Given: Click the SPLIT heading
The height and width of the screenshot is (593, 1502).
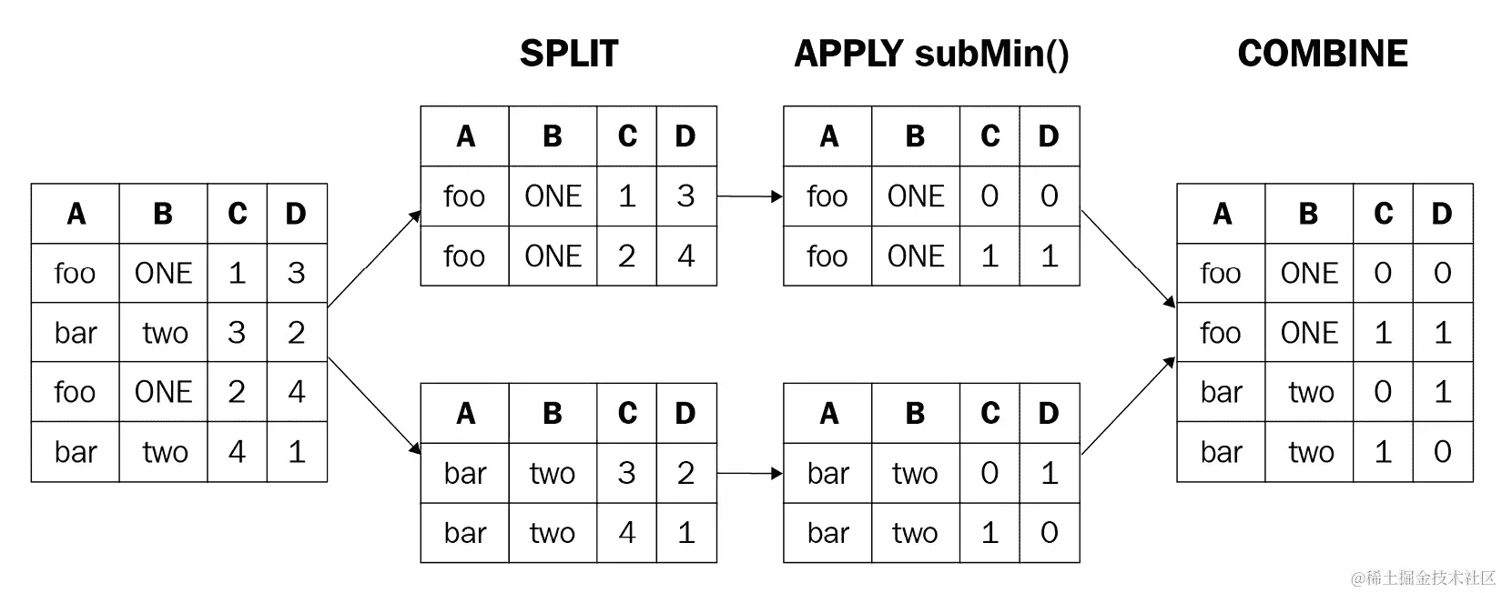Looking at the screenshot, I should pos(568,54).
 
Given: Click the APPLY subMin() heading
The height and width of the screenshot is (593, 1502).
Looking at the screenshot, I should pos(931,54).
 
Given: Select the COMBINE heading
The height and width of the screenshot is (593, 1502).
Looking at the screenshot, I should pos(1322,54).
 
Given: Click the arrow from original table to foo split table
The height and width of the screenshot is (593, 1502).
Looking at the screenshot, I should pos(374,258).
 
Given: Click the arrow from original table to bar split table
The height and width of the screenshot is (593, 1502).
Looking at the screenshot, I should pos(374,405).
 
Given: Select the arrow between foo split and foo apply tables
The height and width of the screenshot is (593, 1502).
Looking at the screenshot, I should pos(749,196).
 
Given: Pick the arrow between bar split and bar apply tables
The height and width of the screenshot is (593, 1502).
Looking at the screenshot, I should pos(749,473).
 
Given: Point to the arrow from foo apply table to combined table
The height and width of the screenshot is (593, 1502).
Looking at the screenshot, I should pos(1128,258).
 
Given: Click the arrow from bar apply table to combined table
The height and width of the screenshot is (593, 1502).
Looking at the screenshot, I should pos(1128,406).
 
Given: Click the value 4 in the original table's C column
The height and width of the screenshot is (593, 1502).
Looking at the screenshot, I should pos(237,452).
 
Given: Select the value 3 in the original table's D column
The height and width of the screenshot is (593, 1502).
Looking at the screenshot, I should pos(296,273).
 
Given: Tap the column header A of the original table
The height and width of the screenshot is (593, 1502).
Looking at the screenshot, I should pos(76,214).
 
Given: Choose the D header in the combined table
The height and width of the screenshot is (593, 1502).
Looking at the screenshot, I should pos(1442,214).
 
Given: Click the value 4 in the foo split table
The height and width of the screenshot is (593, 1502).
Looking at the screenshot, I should pos(685,256).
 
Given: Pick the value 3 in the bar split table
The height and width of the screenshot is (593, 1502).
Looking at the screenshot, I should pos(626,473).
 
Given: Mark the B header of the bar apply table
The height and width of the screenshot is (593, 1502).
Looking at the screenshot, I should pos(915,414).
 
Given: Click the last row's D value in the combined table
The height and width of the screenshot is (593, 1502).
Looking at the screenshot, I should pos(1442,452).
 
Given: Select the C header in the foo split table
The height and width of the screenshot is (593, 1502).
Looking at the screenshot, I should pos(626,136).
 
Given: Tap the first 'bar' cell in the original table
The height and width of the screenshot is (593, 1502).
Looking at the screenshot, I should pos(76,333).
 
